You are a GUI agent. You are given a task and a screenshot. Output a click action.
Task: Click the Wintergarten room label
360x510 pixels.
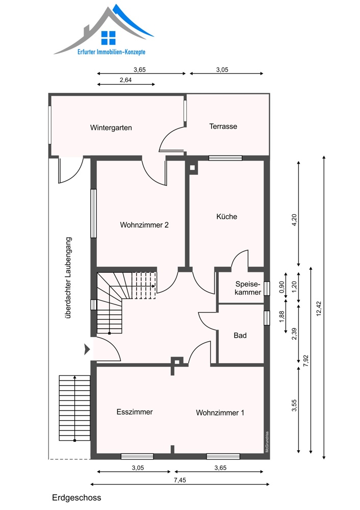coord(111,128)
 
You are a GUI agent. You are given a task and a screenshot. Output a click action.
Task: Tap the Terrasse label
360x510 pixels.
coord(223,126)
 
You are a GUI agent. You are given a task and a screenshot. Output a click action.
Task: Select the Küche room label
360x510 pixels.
coord(227,216)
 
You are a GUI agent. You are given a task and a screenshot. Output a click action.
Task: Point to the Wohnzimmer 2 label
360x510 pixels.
coord(144,225)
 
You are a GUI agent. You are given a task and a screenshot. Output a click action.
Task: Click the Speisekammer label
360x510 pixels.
coord(248,288)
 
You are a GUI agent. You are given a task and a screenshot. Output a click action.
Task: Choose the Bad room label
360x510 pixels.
coord(240,336)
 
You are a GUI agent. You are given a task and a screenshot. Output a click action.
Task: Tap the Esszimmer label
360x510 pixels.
coord(135,412)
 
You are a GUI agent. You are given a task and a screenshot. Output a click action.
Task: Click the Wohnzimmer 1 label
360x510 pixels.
coord(220,413)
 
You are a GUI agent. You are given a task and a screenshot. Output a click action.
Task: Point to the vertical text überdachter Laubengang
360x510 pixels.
coord(68,277)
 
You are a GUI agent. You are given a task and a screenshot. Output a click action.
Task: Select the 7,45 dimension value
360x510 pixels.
coord(180,480)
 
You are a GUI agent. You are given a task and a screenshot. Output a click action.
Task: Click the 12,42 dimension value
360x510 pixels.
coord(318,309)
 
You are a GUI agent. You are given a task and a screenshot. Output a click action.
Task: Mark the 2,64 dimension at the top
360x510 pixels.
coord(125,80)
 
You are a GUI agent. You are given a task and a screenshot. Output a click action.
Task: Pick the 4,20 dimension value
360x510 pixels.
coord(294,220)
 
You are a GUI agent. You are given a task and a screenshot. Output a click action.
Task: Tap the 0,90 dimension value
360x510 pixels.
coord(281,287)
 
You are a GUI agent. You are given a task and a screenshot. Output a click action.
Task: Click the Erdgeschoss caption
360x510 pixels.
coord(76,498)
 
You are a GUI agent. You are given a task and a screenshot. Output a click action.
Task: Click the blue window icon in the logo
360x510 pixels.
coord(108,38)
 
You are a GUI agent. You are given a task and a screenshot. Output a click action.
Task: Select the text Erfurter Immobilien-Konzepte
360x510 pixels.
coord(111,52)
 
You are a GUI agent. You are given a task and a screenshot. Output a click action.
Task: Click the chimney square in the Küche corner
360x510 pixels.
coord(192,168)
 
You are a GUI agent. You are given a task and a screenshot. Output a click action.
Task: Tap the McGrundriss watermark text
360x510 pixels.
coord(267,442)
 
